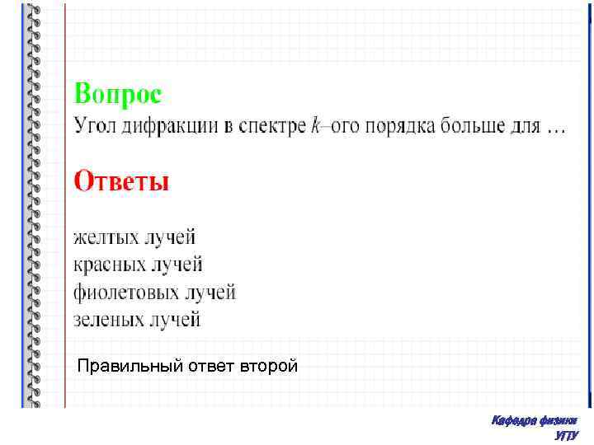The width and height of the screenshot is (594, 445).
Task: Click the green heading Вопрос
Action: point(118,93)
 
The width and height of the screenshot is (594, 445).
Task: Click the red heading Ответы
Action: point(122,180)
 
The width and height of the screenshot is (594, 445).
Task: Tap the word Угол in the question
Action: point(95,127)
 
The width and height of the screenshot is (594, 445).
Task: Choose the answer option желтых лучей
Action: point(135,237)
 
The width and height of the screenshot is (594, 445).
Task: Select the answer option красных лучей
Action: point(138,265)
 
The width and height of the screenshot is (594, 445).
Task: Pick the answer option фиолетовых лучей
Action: point(155,292)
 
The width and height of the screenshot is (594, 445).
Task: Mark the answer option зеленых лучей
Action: point(137,318)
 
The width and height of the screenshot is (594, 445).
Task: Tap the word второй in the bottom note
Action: point(271,366)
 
